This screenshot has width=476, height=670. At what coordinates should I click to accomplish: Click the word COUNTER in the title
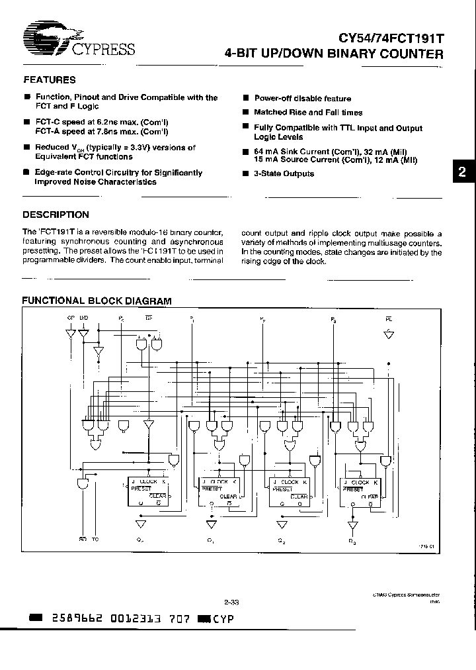(411, 54)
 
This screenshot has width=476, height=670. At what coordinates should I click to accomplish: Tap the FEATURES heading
(50, 80)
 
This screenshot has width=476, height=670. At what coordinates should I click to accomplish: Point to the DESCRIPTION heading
(56, 215)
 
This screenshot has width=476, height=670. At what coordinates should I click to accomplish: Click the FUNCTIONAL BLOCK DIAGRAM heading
(97, 301)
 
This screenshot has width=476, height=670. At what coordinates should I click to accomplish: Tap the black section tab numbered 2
(462, 171)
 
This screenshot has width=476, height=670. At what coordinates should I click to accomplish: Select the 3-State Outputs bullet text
(284, 173)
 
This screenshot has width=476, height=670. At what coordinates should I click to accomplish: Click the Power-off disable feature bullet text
(302, 98)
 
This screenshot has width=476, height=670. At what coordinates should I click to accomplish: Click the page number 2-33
(231, 602)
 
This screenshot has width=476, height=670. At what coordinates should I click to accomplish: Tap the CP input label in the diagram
(71, 319)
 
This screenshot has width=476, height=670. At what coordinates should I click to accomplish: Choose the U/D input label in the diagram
(83, 319)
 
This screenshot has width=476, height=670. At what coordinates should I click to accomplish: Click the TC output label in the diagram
(95, 540)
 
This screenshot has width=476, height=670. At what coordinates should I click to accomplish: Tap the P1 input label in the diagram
(192, 319)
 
